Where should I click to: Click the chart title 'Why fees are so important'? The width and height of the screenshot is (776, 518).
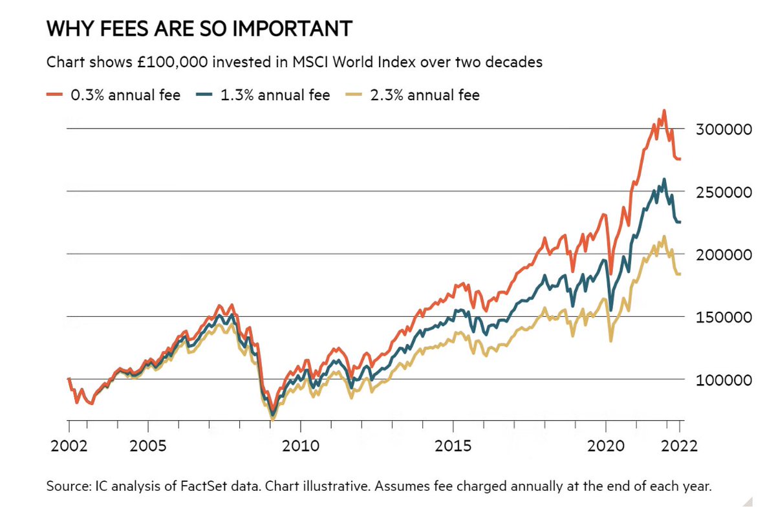point(200,29)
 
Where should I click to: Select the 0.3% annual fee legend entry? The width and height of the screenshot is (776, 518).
point(113,96)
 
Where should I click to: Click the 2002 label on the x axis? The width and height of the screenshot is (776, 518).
point(69,446)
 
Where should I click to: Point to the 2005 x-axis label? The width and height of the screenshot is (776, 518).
point(148,446)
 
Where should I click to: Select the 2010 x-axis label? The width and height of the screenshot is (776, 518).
point(300,446)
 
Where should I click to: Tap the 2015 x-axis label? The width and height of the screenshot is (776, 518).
point(453,446)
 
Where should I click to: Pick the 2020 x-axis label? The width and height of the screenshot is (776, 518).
point(605,446)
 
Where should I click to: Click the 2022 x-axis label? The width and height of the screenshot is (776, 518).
point(680,446)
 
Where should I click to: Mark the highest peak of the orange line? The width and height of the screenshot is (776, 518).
point(664,111)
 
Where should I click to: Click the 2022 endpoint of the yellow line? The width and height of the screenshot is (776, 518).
point(680,274)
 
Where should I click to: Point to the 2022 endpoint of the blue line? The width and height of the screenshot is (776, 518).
point(680,222)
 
